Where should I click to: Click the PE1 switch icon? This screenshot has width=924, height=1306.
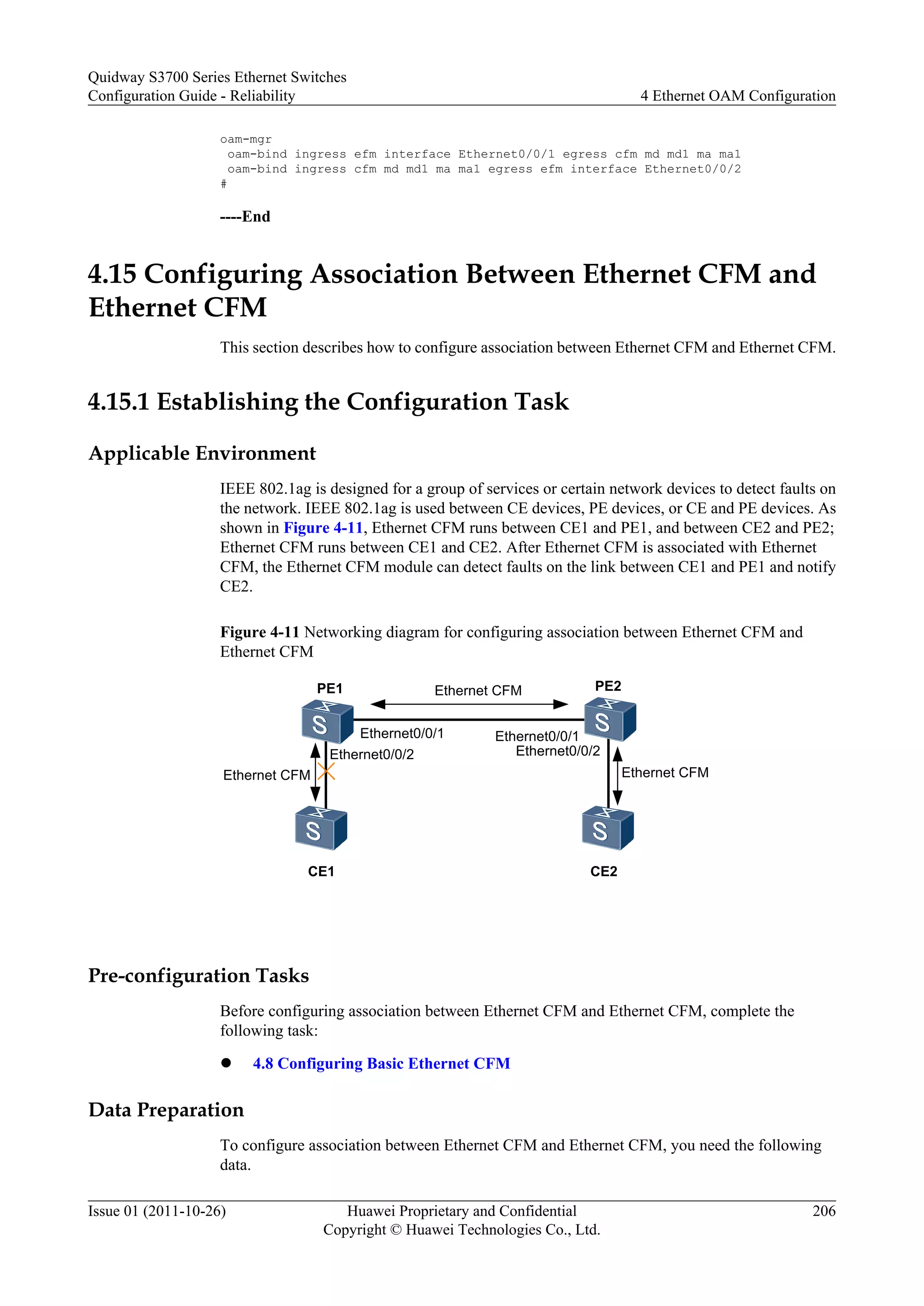(327, 722)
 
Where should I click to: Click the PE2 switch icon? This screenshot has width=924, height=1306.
(610, 720)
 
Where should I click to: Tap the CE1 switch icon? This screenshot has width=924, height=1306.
(321, 828)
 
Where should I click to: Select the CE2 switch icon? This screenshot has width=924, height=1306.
(608, 828)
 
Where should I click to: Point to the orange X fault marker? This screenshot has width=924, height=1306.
(326, 772)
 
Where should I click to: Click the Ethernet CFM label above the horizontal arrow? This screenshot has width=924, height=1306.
(478, 690)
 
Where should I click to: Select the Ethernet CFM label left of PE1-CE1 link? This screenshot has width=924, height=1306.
(266, 775)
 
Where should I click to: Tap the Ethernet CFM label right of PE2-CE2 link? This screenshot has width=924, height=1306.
(665, 773)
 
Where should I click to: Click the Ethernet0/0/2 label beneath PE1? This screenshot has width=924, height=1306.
(371, 754)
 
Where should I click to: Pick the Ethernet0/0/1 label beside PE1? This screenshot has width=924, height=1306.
(402, 733)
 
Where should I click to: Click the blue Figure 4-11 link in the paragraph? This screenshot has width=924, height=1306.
(323, 528)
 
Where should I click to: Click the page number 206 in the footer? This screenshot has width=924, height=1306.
(824, 1210)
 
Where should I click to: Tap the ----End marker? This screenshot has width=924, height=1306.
(245, 217)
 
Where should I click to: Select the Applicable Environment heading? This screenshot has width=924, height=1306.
(202, 453)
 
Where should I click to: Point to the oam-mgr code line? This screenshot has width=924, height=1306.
(246, 139)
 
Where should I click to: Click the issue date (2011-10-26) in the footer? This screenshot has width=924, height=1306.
(185, 1210)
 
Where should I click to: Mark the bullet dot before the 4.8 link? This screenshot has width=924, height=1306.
(226, 1063)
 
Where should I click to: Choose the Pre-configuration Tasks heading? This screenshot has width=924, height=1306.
(199, 975)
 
